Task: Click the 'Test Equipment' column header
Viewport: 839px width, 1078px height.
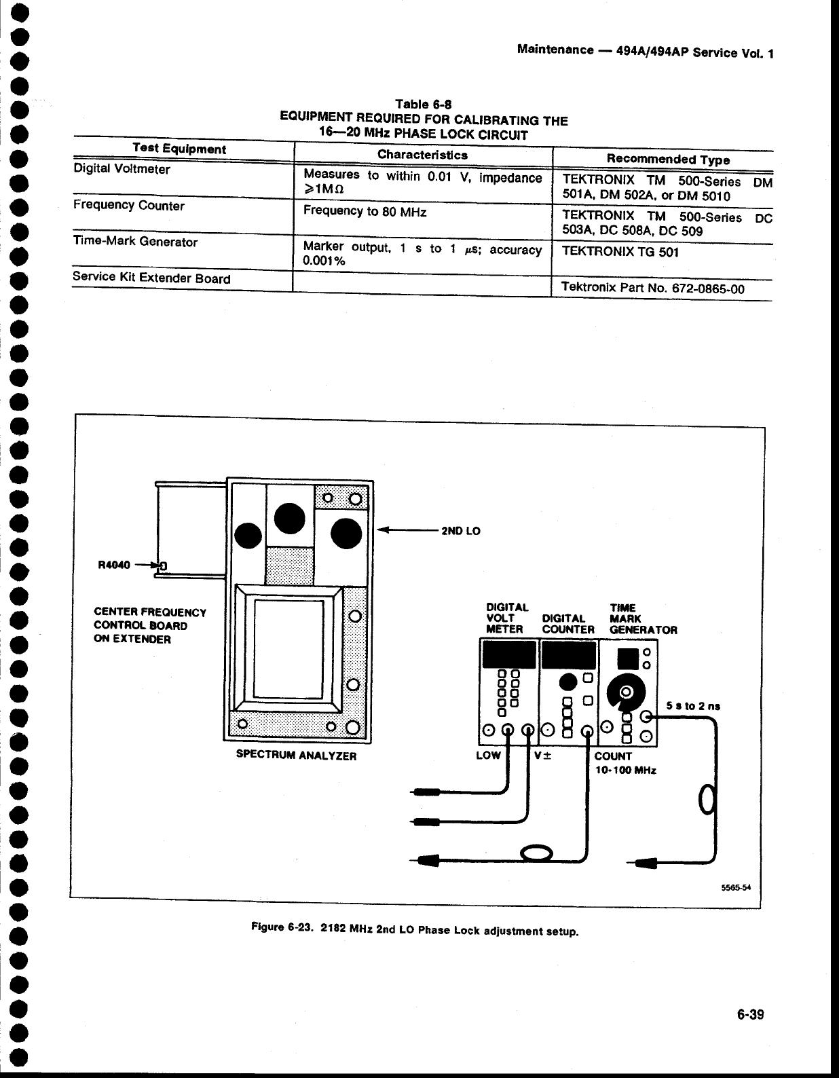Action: (179, 148)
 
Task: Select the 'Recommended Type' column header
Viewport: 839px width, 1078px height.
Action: (668, 159)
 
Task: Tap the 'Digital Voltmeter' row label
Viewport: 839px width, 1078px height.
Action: (122, 169)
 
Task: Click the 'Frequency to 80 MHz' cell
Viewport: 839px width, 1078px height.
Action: (365, 211)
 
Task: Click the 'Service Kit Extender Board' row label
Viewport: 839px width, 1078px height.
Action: (151, 278)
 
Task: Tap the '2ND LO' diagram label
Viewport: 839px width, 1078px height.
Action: (461, 531)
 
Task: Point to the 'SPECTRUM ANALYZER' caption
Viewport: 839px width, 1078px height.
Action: (295, 755)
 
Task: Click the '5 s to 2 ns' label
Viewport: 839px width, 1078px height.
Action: (692, 706)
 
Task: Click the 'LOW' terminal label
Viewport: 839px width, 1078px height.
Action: (488, 755)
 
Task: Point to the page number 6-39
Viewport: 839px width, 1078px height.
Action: (750, 1014)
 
